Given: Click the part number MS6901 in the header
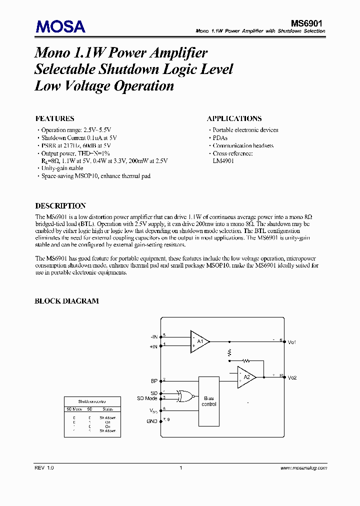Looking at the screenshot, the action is pos(308,23).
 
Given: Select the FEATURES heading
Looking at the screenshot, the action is pos(54,118).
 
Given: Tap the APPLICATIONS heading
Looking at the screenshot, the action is pos(234,118).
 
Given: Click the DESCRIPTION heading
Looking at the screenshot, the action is pos(60,205).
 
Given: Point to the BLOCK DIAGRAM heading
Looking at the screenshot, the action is pos(66,301).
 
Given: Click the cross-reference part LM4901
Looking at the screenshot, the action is pos(223,161).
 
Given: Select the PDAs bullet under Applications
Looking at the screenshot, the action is pos(220,138).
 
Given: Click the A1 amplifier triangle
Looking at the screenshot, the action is pos(199,341).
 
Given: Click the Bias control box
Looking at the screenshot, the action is pos(209,401).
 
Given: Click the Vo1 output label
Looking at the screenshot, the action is pos(292,342).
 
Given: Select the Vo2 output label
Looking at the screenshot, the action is pos(292,377).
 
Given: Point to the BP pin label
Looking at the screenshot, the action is pos(154,381).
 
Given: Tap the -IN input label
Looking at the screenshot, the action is pos(153,336).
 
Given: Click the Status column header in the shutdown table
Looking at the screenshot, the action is pos(108,409).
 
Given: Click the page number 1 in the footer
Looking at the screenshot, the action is pos(180,468).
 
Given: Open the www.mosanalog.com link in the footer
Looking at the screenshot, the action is pos(303,468).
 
